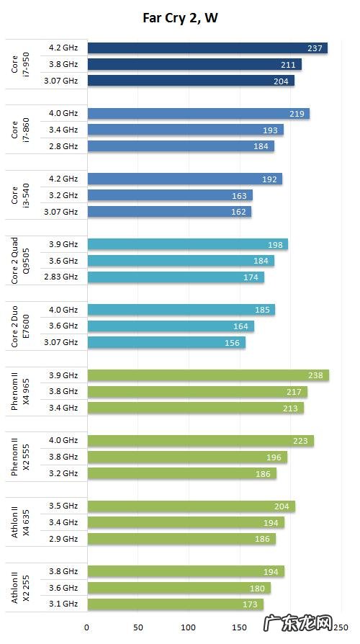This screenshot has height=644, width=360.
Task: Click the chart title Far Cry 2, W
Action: pos(180,18)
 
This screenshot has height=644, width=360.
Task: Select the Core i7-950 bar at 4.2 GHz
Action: pos(207,48)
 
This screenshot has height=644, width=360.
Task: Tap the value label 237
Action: pos(314,48)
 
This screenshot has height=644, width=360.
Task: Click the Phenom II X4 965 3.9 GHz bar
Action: pos(208,375)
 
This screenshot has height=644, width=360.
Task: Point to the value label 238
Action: pos(315,375)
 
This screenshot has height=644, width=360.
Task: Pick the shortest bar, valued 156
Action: pos(166,343)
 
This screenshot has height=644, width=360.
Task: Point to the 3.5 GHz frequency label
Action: pos(63,506)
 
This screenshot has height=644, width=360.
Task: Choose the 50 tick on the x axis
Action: pos(138,627)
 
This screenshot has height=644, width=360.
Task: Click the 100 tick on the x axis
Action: pos(189,627)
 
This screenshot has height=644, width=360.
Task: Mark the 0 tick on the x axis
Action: pos(87,627)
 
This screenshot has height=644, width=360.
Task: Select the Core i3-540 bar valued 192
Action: pos(184,179)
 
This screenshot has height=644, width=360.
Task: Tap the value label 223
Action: pos(300,441)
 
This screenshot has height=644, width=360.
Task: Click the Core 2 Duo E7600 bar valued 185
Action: pos(181,310)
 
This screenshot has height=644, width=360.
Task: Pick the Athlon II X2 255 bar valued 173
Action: pos(175,604)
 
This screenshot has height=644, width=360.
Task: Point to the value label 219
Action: pos(296,114)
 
